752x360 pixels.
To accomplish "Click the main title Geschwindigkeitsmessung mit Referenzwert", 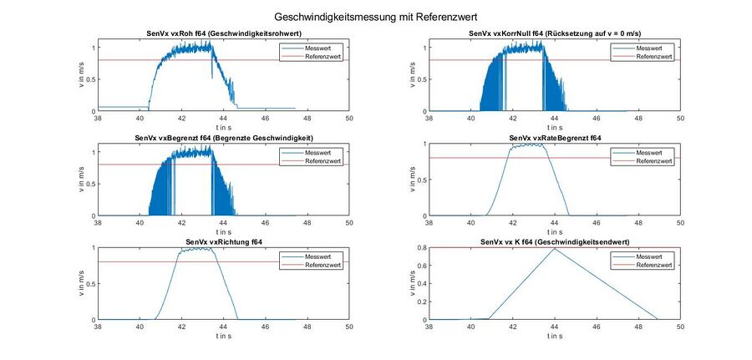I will coord(376,16).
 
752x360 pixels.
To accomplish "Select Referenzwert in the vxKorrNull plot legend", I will coord(651,56).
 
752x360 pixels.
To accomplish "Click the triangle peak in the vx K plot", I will coord(555,248).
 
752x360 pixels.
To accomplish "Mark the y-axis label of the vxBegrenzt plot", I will coord(81,180).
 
